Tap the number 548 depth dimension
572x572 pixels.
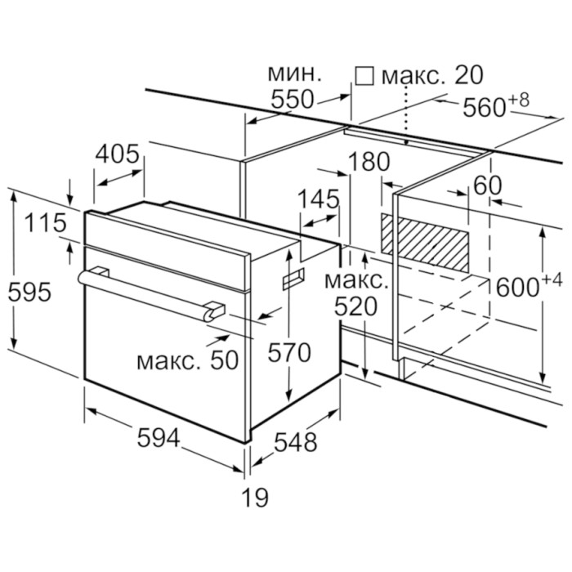click(294, 443)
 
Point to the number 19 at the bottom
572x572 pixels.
click(255, 496)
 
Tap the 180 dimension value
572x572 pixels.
click(369, 162)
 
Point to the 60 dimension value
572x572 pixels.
click(487, 185)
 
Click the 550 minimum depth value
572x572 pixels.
click(292, 100)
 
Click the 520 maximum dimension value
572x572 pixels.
click(355, 308)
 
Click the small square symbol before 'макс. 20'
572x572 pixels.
click(364, 76)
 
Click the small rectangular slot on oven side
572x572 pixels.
click(292, 279)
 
